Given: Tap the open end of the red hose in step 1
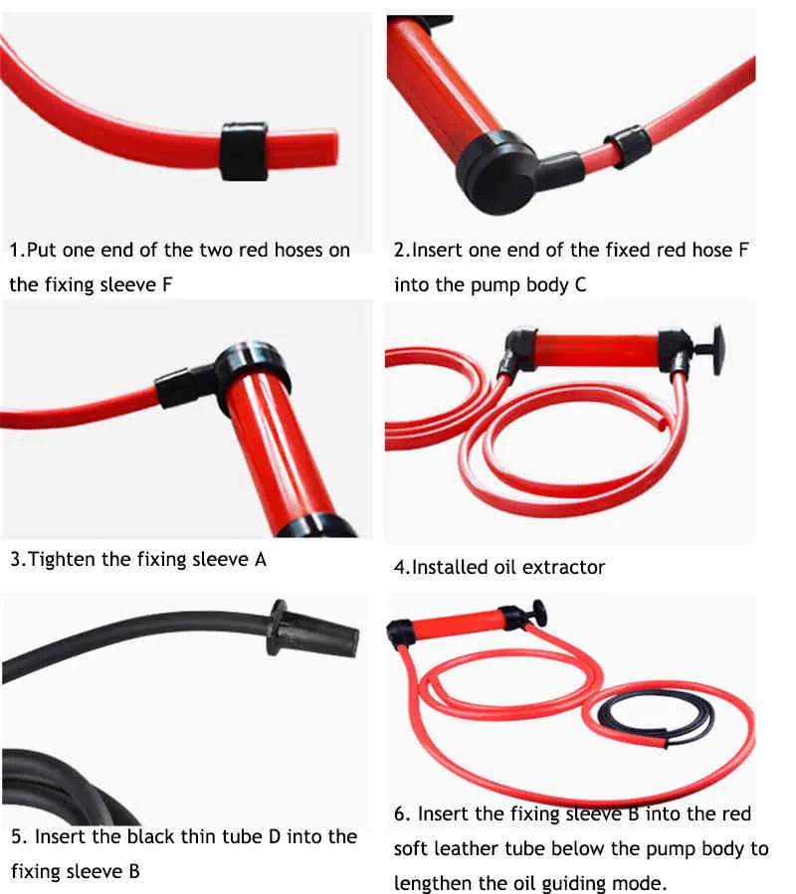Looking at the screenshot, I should pyautogui.click(x=332, y=146).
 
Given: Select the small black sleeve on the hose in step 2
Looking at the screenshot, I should pyautogui.click(x=626, y=146).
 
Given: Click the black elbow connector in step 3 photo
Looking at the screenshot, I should pyautogui.click(x=184, y=382).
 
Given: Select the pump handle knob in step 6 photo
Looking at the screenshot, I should pyautogui.click(x=537, y=611).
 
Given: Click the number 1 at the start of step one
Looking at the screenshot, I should pyautogui.click(x=15, y=250).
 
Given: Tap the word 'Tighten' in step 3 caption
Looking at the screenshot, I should pyautogui.click(x=63, y=559).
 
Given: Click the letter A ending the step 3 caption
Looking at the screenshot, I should pyautogui.click(x=260, y=559).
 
